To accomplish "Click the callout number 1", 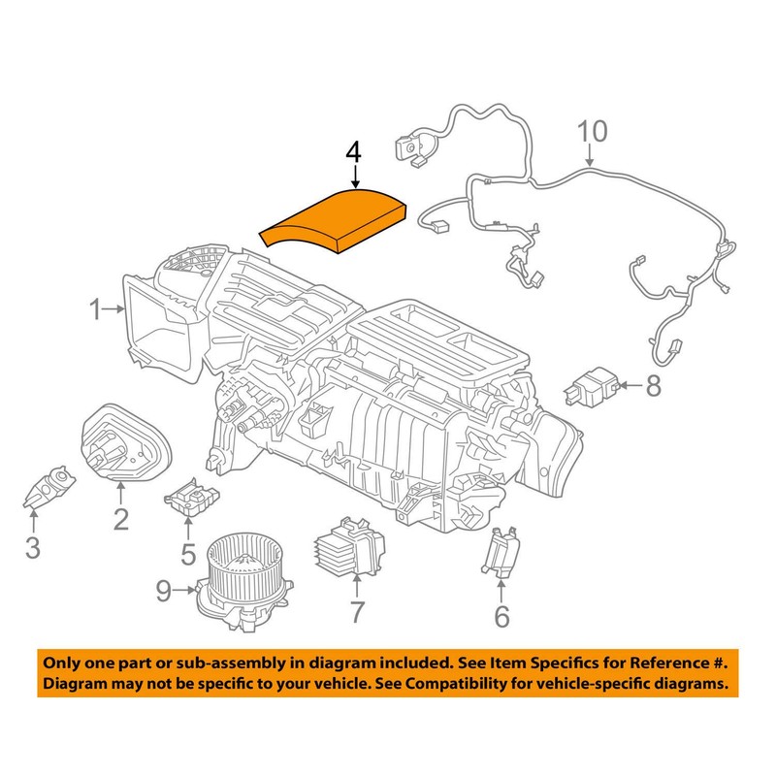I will point(96,311).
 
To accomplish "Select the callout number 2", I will point(120,520).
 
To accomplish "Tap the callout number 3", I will point(33,548).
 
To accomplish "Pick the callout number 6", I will point(501,615).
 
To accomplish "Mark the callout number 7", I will point(356,612).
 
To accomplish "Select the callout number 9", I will point(163,589).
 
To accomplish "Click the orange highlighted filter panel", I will point(336,222).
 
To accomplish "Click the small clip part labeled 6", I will point(500,552).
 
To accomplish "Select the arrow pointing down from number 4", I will point(355,177).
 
